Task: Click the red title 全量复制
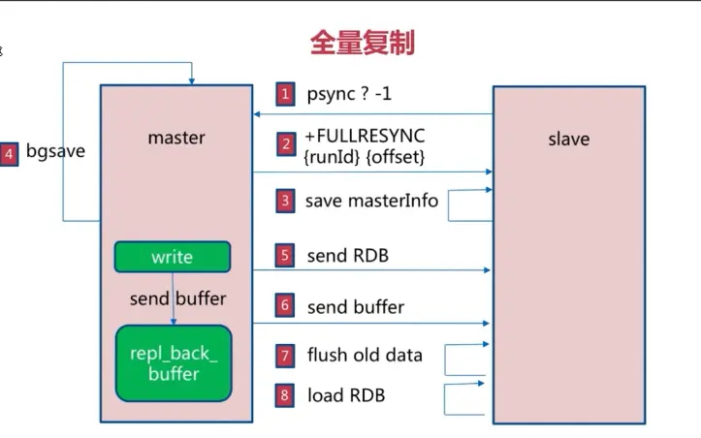[x=362, y=42]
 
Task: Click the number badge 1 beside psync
[x=285, y=94]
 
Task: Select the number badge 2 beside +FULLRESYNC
[x=285, y=145]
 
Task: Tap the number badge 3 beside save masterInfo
[x=285, y=202]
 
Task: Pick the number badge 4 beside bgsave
[x=10, y=153]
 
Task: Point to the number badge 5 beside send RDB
[x=285, y=256]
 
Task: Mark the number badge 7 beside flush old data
[x=285, y=356]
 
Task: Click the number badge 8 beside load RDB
[x=285, y=395]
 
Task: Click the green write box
[x=173, y=257]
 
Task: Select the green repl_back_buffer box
[x=174, y=363]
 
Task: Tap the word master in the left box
[x=175, y=138]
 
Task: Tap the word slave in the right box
[x=568, y=139]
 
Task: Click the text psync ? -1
[x=349, y=94]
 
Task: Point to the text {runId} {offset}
[x=365, y=155]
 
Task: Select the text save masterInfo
[x=371, y=202]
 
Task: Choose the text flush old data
[x=365, y=355]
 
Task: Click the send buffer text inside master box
[x=173, y=297]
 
